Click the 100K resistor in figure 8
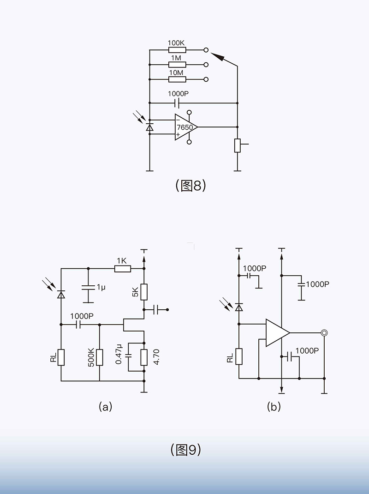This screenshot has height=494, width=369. (177, 50)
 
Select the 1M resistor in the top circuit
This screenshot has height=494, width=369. (177, 65)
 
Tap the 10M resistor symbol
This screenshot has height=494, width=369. (177, 79)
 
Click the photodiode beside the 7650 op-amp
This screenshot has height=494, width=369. (149, 127)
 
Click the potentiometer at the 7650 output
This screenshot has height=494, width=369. (238, 145)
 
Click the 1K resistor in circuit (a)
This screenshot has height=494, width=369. (122, 268)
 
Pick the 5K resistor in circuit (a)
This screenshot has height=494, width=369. (144, 292)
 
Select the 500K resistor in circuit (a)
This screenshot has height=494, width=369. (99, 357)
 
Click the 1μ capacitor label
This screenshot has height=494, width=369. (101, 287)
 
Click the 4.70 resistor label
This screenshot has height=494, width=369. (155, 357)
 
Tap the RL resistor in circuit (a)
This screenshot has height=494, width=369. (61, 357)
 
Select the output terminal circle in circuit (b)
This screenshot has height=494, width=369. (324, 332)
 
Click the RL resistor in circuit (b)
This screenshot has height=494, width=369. (239, 356)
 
